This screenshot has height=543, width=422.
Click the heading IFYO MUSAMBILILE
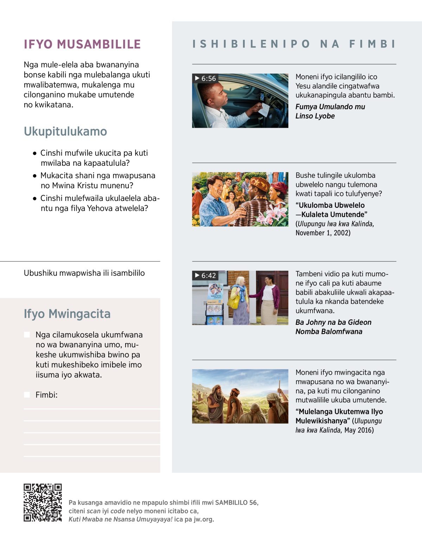(82, 44)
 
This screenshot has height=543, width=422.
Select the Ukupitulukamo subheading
(65, 131)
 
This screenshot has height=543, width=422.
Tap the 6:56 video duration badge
(205, 78)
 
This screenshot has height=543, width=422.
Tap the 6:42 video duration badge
(205, 275)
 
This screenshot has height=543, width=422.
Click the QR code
(43, 502)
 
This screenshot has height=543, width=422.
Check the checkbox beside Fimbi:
(27, 394)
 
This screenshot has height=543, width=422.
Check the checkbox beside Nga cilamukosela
(27, 334)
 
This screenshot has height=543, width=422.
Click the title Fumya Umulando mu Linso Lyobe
(330, 111)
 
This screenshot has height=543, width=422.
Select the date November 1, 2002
(323, 233)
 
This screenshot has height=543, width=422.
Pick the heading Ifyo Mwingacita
(67, 314)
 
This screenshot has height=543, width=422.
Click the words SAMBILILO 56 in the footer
(236, 503)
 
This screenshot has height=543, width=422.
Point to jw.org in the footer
(204, 519)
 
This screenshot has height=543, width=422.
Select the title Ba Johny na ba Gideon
(333, 322)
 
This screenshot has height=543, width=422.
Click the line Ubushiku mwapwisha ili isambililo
(84, 273)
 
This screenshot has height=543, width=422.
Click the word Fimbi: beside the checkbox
(46, 395)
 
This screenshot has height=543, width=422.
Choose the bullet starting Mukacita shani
(97, 181)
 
